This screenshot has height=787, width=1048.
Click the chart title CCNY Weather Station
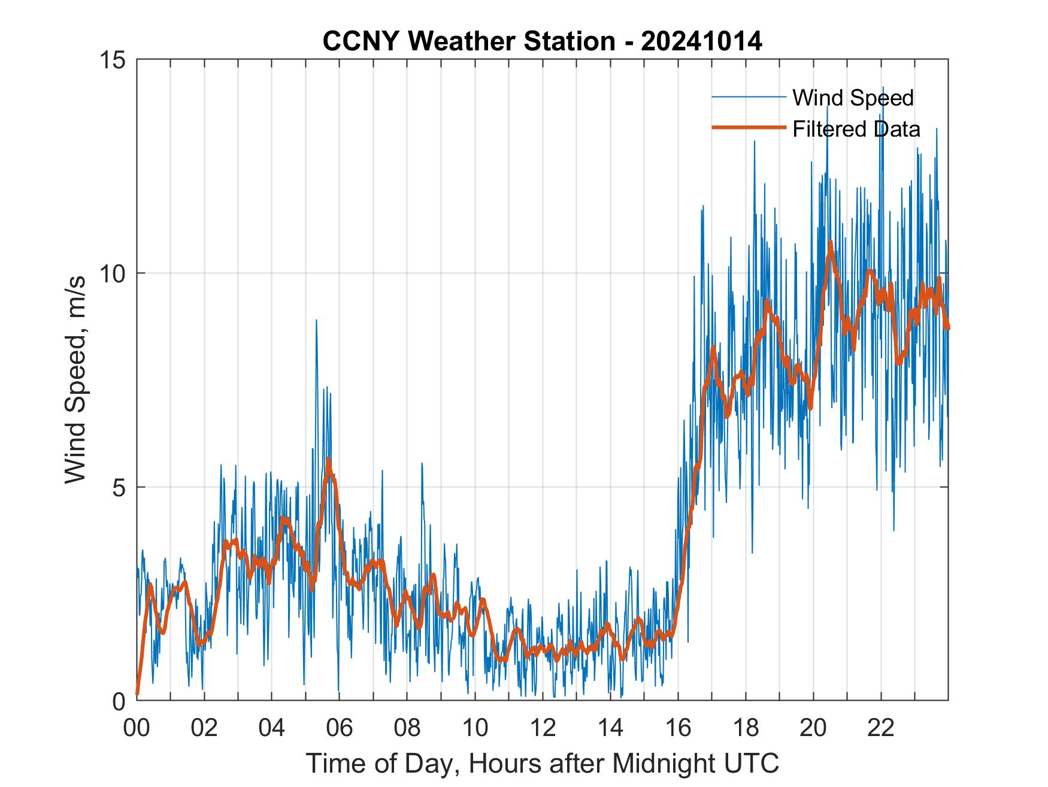(468, 41)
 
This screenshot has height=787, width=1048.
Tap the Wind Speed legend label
(853, 98)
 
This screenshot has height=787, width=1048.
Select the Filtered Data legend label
(856, 129)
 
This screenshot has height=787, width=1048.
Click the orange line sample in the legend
(749, 128)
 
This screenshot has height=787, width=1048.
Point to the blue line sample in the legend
(749, 97)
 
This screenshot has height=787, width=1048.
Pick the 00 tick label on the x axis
(137, 729)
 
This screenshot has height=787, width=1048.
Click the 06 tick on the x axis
(340, 729)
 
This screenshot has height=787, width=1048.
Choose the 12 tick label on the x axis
(543, 729)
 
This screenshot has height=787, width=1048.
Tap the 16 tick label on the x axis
(678, 729)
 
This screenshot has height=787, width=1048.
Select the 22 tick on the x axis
(881, 729)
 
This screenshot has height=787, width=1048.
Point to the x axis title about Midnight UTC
(543, 764)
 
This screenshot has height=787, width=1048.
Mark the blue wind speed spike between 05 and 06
(316, 321)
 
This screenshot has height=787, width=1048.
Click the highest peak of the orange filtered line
(831, 243)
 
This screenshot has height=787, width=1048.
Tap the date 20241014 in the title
(701, 41)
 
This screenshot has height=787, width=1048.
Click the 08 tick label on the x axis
(407, 729)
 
